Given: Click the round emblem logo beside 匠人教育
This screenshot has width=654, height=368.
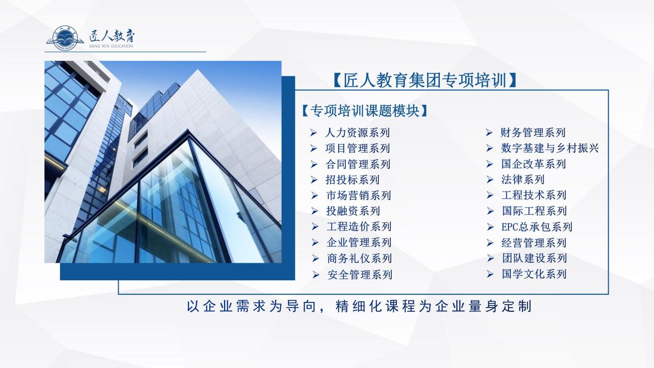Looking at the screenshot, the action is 65,38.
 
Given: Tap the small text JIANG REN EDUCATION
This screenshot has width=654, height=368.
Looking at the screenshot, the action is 111,46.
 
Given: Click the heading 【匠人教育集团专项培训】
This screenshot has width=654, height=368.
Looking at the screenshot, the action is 424,80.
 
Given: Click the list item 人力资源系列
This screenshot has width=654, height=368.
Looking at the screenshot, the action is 357,133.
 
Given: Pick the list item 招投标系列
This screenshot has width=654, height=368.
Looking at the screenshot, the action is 353,180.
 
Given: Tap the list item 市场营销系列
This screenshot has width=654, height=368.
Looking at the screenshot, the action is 359,196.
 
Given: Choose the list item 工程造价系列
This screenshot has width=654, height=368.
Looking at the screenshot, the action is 359,227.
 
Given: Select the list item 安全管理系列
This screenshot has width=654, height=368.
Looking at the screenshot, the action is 360,275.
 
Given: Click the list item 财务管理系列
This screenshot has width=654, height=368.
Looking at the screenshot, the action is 533,133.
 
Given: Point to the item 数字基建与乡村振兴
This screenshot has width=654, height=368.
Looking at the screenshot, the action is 550,148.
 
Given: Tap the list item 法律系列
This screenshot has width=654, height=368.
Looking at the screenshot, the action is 523,180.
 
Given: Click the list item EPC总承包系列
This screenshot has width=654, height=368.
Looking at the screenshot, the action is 537,227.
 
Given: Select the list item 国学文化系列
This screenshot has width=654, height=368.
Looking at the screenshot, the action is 534,274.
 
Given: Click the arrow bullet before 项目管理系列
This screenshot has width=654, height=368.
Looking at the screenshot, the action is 313,149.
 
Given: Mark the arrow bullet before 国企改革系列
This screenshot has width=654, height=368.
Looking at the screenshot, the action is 490,164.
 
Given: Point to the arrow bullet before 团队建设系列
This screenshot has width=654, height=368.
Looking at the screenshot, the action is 490,258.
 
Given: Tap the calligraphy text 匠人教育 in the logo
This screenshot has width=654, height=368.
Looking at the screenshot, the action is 112,36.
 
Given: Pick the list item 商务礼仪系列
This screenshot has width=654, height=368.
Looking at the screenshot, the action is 359,259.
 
